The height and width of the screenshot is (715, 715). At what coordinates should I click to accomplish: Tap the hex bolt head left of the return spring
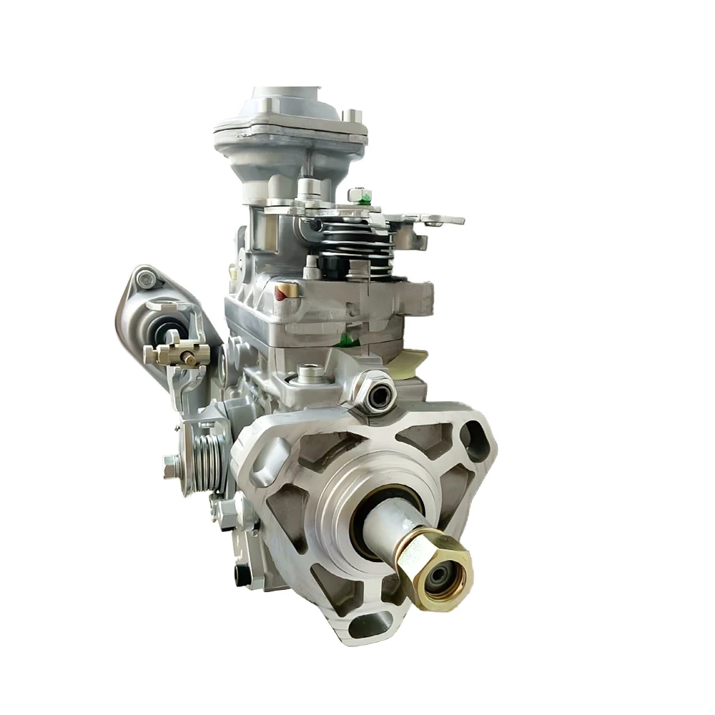(169, 465)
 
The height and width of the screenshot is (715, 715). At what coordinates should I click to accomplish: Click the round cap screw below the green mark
(308, 371)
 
